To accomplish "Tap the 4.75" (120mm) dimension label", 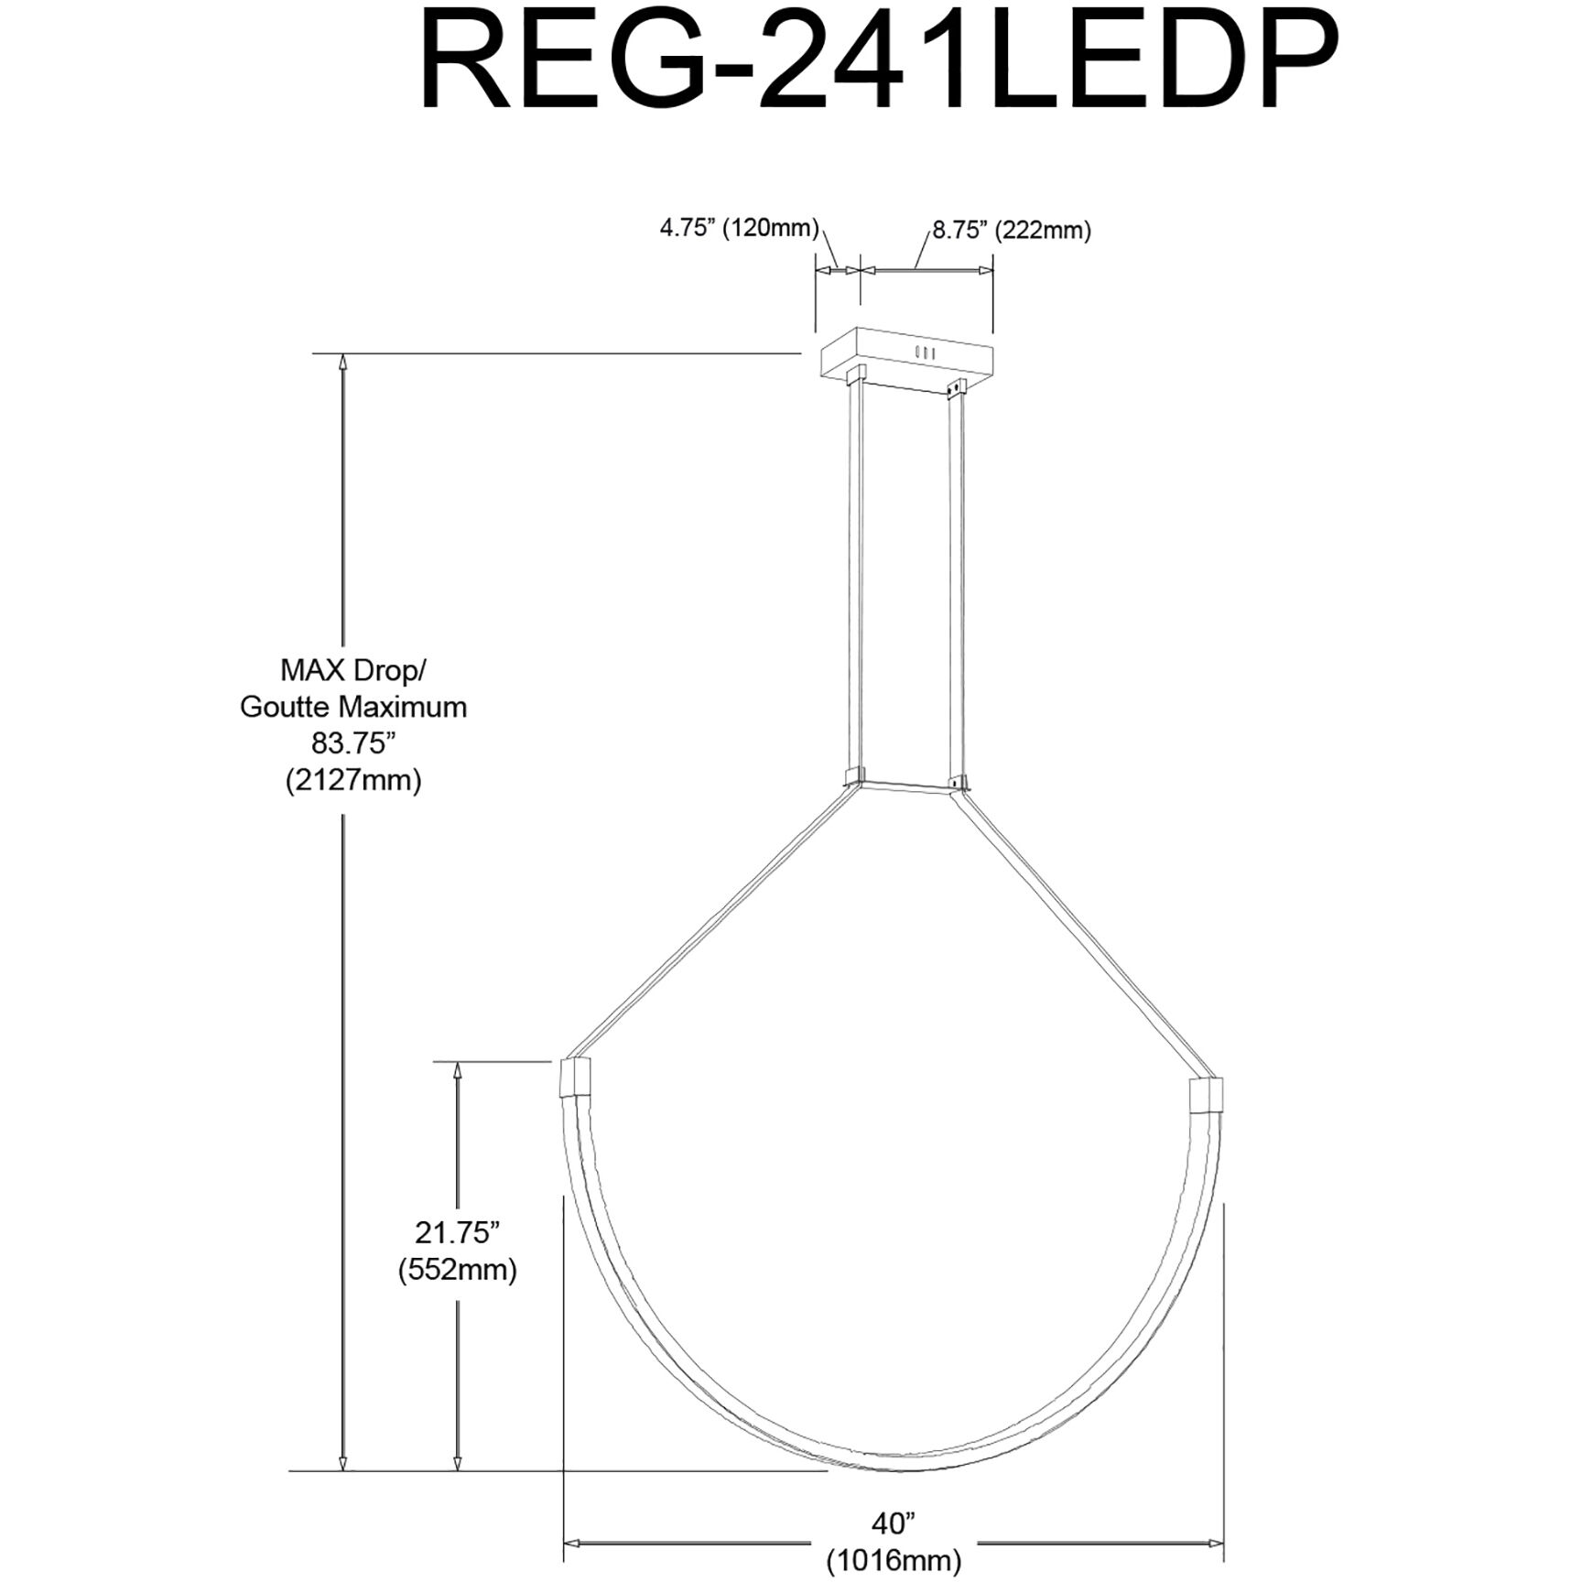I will (x=739, y=228).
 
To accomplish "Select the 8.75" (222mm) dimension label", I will (x=1011, y=230).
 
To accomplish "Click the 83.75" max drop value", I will (x=353, y=742).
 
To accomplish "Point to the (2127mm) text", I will (x=353, y=780).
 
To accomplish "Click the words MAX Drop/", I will (x=353, y=670).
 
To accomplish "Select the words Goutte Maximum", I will (x=353, y=707).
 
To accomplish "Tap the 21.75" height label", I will (x=457, y=1232).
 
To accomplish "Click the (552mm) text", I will (x=457, y=1270).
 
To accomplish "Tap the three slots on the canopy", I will (x=925, y=352).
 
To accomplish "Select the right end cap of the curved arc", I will (x=1205, y=1094).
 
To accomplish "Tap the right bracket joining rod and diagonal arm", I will (x=958, y=783).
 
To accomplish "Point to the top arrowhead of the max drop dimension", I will (x=343, y=362).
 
